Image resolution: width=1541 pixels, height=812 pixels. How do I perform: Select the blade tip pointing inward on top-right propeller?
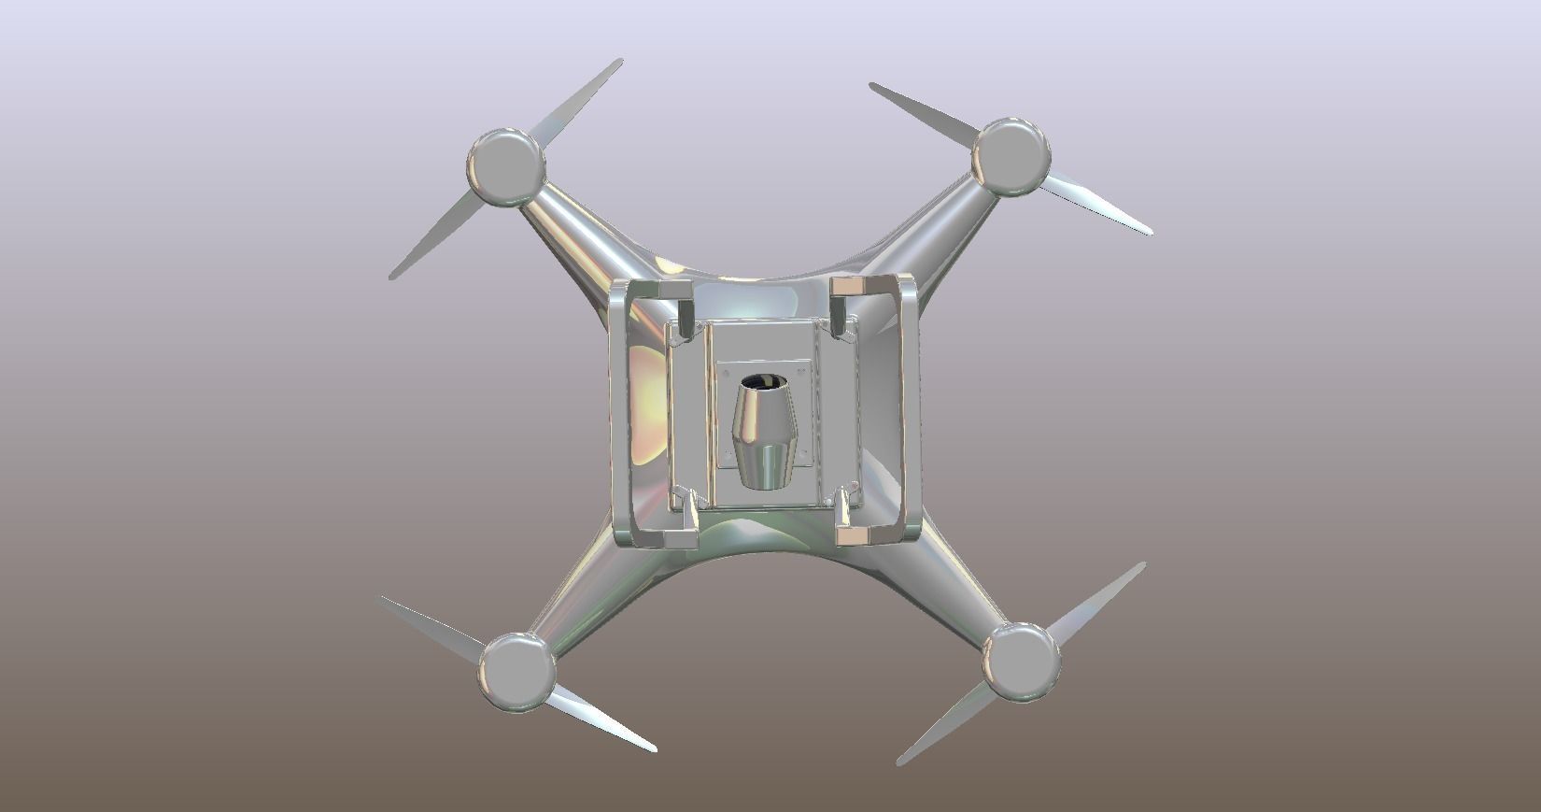pyautogui.click(x=920, y=107)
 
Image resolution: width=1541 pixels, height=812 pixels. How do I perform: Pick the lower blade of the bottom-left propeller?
pyautogui.click(x=598, y=720)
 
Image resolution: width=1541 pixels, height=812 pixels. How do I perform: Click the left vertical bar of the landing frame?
pyautogui.click(x=618, y=411)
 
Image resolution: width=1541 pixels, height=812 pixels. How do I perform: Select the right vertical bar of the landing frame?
pyautogui.click(x=911, y=411)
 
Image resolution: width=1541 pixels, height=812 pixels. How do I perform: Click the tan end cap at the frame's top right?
pyautogui.click(x=851, y=286)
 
